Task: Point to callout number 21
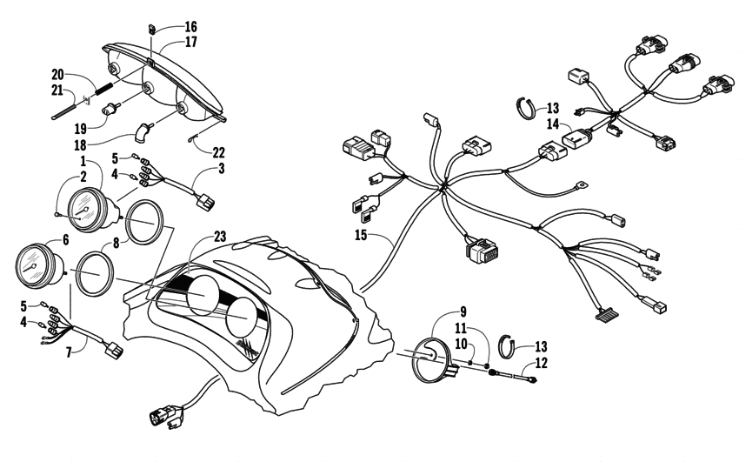57,90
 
